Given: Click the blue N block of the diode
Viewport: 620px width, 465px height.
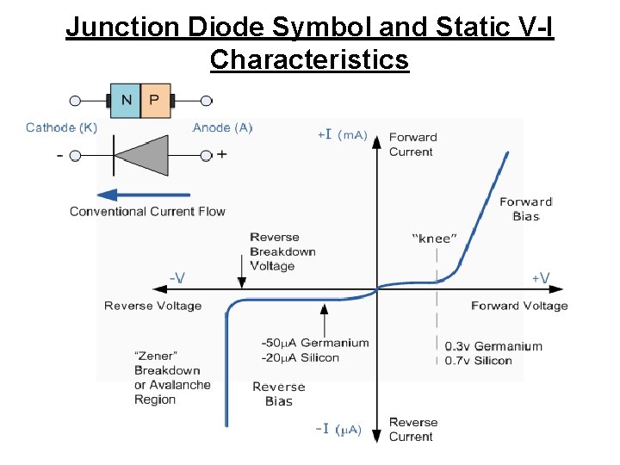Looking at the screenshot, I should point(126,101).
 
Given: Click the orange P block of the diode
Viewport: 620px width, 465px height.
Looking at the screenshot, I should point(154,101).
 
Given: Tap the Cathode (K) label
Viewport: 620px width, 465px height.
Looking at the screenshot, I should point(61,128).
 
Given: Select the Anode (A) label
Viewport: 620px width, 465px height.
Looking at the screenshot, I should point(222,128).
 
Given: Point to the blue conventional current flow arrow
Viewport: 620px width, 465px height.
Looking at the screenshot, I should point(143,195).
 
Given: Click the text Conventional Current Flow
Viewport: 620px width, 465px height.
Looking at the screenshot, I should point(147,211).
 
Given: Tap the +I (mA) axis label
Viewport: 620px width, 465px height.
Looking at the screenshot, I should point(342,134).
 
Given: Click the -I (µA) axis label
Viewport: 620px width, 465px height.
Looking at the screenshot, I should point(337,429).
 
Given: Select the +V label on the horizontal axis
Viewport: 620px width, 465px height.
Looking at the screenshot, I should point(541,277).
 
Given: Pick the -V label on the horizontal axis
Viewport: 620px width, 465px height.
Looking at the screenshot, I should point(177,277).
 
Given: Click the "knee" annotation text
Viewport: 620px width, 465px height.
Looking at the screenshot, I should point(435,238).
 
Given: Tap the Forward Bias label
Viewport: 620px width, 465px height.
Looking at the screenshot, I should point(525,209).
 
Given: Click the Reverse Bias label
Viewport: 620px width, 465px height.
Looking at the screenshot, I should point(279,394).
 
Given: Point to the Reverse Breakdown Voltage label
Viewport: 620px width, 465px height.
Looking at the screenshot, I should point(282,251).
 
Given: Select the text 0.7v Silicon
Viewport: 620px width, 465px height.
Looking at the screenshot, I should point(478,361).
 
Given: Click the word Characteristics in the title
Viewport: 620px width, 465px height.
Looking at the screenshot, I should point(309,60).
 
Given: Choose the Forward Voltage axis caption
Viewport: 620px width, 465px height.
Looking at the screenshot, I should point(519,306).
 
